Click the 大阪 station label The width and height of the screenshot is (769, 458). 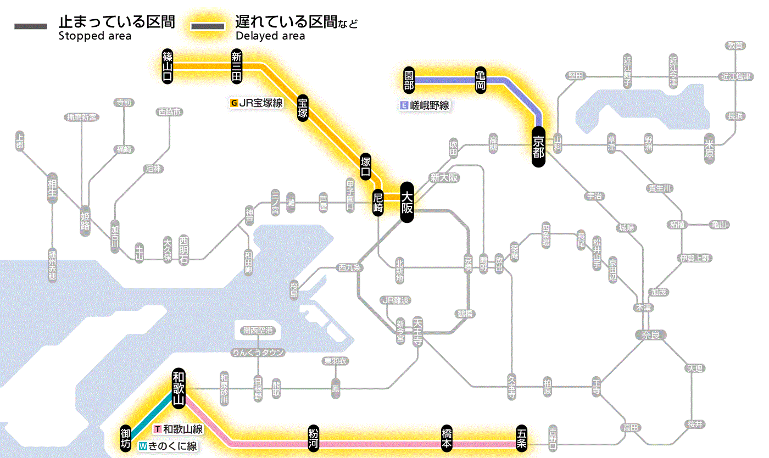pos(406,202)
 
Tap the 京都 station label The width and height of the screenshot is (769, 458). pos(538,147)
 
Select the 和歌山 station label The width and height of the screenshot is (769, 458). pos(179,388)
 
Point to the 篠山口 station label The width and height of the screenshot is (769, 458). pos(167,66)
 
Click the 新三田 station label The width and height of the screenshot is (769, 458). pos(237,66)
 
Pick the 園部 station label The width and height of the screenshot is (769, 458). pos(409,80)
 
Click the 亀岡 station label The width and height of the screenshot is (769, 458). pos(481,80)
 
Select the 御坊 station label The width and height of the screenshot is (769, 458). pos(126,438)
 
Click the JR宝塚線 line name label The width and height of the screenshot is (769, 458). pos(260,103)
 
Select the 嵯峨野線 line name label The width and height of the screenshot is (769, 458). pos(429,105)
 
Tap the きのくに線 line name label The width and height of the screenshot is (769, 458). pos(172,446)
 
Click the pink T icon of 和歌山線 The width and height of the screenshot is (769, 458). pos(158,429)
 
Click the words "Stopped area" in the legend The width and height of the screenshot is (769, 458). pos(94,36)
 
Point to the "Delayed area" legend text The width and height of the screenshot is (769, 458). pos(270,36)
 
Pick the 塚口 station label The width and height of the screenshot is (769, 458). pos(366,166)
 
